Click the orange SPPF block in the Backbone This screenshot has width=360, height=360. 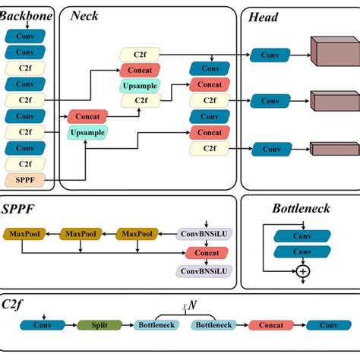24,180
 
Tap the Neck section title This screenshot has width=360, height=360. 85,16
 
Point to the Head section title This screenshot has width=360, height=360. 263,17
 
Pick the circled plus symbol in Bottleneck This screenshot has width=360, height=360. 303,270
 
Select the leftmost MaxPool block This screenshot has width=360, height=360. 24,234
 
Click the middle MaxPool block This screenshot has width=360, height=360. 81,234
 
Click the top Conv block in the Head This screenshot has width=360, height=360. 270,55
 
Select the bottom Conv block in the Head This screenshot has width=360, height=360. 270,148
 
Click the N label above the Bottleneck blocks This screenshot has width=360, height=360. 191,305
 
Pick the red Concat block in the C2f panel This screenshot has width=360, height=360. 270,325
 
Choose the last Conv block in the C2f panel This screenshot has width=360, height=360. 329,325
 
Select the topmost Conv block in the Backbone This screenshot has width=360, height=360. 24,36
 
